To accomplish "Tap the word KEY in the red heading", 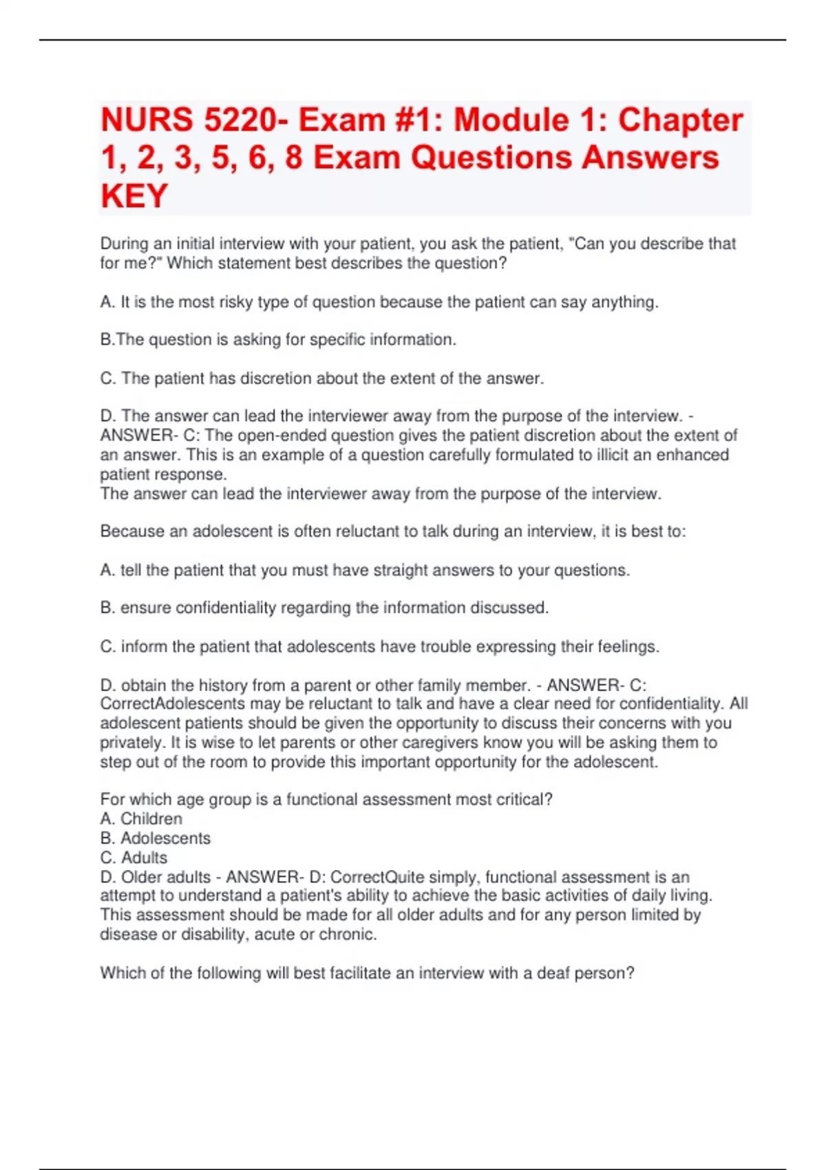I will click(134, 196).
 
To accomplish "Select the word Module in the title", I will click(511, 120).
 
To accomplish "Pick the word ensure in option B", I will click(146, 608).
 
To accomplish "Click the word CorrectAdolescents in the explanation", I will click(172, 704).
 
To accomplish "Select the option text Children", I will click(151, 819).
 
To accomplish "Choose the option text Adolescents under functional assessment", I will click(165, 838).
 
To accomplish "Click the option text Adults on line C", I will click(144, 858).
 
